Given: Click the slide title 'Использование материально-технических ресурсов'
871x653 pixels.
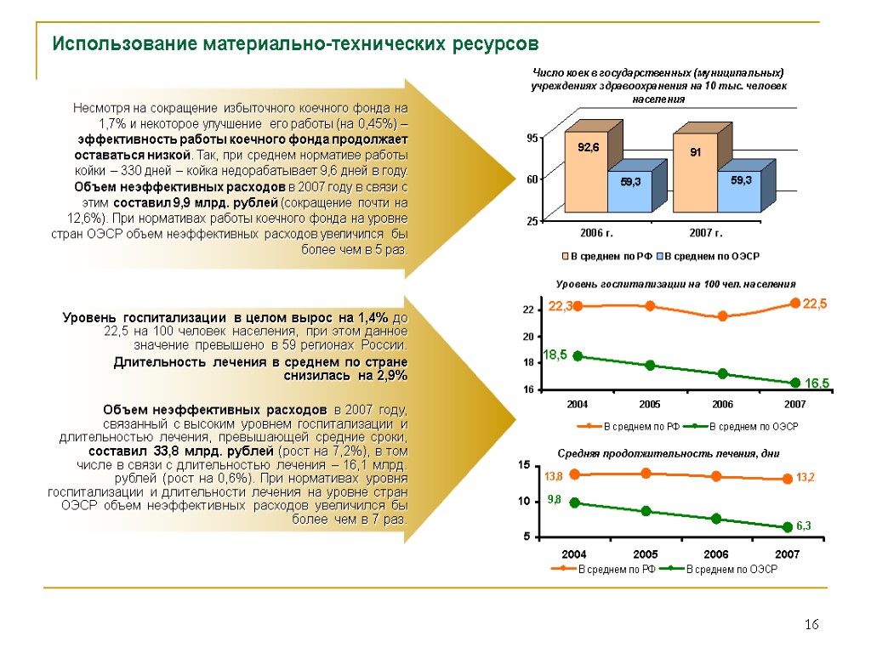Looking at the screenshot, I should point(296,43).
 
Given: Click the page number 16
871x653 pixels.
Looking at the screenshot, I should point(811,626).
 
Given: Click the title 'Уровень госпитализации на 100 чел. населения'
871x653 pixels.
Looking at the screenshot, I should point(676,284).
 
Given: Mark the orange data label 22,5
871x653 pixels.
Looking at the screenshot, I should point(814,304).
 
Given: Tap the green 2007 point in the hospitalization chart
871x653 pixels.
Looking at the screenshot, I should point(795,383).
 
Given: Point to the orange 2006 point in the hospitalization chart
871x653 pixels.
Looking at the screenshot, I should point(722,316).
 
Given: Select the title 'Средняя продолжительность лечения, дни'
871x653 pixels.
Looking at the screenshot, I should point(668,453).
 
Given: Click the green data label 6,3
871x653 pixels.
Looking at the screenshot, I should point(805,527).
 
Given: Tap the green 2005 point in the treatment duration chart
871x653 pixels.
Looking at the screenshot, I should point(646,511).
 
